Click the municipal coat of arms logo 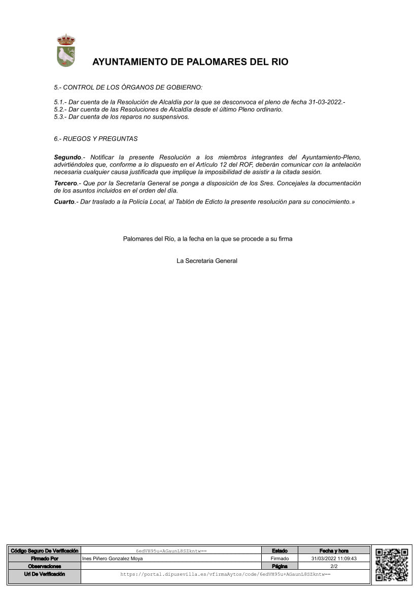coord(65,51)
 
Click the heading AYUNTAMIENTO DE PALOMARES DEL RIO coord(190,62)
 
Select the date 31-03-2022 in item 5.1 coord(326,102)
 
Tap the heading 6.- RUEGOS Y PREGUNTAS coord(95,139)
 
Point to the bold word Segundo coord(67,157)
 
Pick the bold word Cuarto coord(64,202)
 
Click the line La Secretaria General coord(207,261)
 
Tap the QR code coord(392,564)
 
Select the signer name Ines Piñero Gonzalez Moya coord(112,559)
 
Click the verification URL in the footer coord(225,574)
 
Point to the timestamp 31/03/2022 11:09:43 coord(334,559)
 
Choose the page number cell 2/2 coord(334,566)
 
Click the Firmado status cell coord(280,559)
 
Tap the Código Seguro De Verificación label coord(45,550)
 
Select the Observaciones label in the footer coord(45,566)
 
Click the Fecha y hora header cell coord(334,550)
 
